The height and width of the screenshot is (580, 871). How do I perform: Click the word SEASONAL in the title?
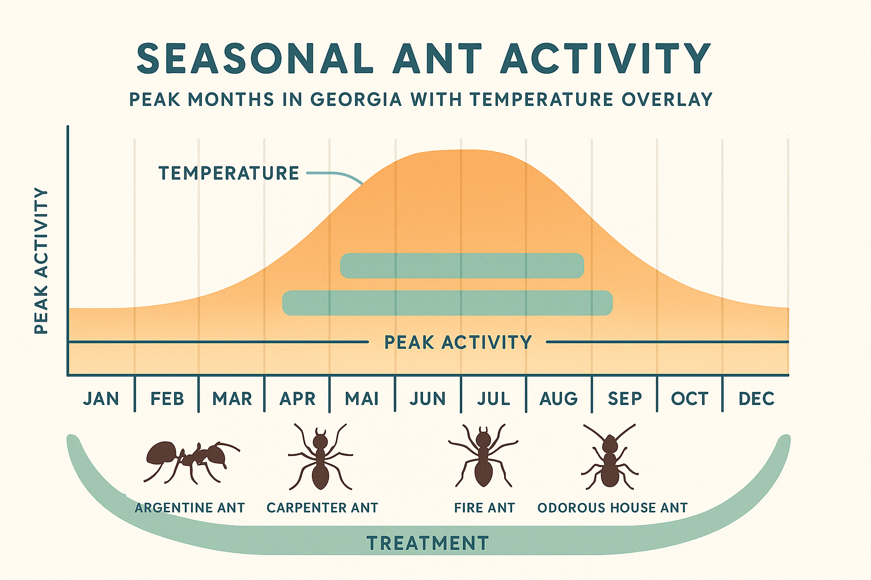point(255,58)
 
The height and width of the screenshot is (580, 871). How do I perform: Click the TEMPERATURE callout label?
point(229,173)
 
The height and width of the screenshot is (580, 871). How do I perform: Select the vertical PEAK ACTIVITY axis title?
point(41,261)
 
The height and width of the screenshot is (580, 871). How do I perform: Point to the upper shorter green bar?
point(462,266)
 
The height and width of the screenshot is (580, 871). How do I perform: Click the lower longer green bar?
point(447,303)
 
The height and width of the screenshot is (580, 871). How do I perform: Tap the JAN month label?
point(101,399)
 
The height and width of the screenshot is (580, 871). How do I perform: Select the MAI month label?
point(362,399)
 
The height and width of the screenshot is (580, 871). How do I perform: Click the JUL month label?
point(493,399)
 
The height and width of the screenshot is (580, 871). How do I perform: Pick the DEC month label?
point(756,399)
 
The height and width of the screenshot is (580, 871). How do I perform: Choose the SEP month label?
point(624,399)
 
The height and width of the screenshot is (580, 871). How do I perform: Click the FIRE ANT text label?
point(484,508)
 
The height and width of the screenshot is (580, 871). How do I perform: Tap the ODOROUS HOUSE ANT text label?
point(612,508)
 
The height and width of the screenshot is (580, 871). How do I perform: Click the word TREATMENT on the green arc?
point(428,544)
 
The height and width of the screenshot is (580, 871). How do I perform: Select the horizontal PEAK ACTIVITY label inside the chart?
point(458,343)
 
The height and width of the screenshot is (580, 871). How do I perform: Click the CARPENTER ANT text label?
point(322,508)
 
